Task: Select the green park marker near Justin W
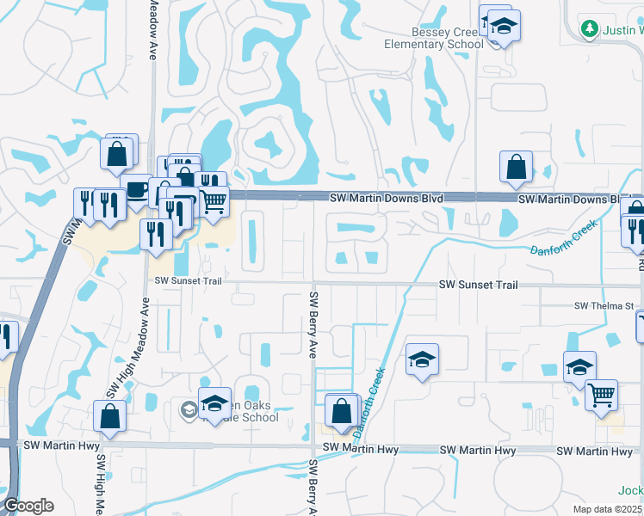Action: click(590, 29)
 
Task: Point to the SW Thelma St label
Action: click(604, 306)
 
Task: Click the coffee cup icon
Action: click(138, 188)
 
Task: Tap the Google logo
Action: click(28, 506)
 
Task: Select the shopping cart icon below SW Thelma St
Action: click(602, 395)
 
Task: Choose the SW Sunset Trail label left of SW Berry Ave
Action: click(189, 280)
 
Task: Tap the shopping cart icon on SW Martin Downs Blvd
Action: click(214, 200)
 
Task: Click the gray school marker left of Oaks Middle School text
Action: click(189, 410)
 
